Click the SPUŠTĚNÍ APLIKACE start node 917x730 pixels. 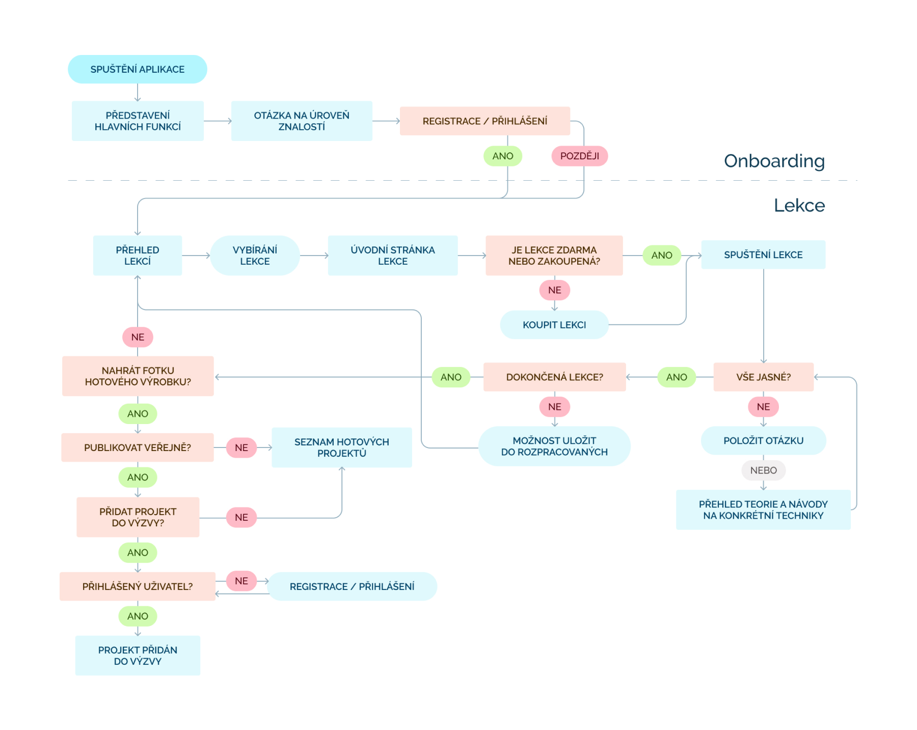click(138, 69)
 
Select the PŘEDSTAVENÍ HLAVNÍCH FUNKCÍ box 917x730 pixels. click(138, 121)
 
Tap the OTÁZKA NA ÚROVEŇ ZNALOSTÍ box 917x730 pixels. click(302, 121)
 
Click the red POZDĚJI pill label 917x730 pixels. click(579, 156)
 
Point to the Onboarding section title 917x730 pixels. click(774, 161)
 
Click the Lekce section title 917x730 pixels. click(799, 205)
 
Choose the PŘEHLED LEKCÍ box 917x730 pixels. click(138, 256)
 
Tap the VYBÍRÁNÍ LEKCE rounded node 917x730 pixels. click(255, 256)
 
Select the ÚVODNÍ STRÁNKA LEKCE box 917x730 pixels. click(392, 256)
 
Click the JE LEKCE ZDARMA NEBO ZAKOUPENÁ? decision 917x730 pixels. click(554, 256)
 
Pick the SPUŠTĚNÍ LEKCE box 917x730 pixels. click(763, 255)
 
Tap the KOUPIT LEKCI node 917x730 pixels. click(554, 325)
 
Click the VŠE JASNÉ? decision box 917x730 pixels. click(763, 377)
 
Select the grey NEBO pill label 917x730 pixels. click(763, 470)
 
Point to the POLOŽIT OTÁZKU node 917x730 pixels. click(763, 441)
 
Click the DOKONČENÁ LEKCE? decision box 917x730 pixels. click(554, 377)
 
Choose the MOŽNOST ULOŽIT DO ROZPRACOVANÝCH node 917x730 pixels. click(554, 446)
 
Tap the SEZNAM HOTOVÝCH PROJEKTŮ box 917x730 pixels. click(341, 447)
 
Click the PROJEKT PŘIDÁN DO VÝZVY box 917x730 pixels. click(138, 656)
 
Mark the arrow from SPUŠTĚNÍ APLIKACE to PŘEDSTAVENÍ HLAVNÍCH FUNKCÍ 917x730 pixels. click(138, 93)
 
